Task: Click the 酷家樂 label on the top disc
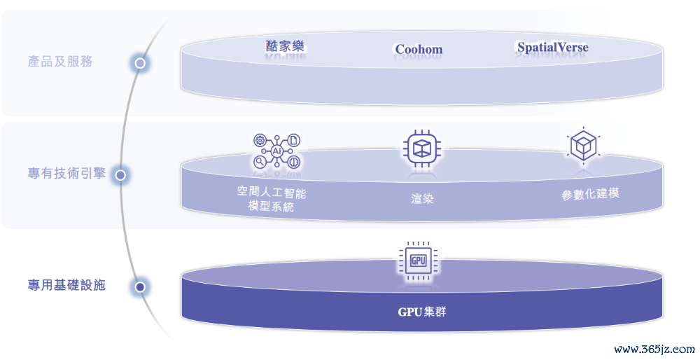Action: pyautogui.click(x=285, y=46)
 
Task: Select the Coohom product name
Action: pyautogui.click(x=419, y=50)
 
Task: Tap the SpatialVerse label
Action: pyautogui.click(x=553, y=48)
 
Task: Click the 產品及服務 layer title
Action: pyautogui.click(x=60, y=62)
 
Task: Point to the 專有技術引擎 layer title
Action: pyautogui.click(x=66, y=173)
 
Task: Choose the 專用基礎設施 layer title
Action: pyautogui.click(x=66, y=285)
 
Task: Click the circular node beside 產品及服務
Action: pyautogui.click(x=140, y=64)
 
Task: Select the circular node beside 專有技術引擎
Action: pyautogui.click(x=120, y=175)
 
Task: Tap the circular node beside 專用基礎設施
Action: pyautogui.click(x=140, y=286)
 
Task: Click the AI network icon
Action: pyautogui.click(x=276, y=151)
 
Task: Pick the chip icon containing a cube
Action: pyautogui.click(x=422, y=149)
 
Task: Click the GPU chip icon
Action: pyautogui.click(x=419, y=261)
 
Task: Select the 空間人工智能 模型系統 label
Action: pyautogui.click(x=272, y=200)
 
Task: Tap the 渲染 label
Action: pyautogui.click(x=422, y=199)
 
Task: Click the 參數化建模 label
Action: pyautogui.click(x=590, y=194)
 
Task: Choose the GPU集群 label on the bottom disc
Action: pyautogui.click(x=422, y=312)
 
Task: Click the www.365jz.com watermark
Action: pyautogui.click(x=654, y=349)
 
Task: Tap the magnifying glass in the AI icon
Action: pyautogui.click(x=260, y=162)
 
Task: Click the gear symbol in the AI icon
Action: pyautogui.click(x=260, y=140)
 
